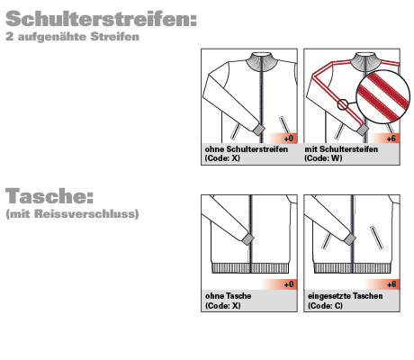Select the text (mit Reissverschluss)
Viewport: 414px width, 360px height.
(x=73, y=214)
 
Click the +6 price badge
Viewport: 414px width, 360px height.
(x=390, y=139)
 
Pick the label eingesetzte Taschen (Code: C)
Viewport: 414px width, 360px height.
(x=346, y=301)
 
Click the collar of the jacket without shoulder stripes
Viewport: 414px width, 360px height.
(x=264, y=59)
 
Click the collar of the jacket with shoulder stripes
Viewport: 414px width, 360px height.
(x=365, y=59)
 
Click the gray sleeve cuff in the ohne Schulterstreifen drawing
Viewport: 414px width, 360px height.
(x=258, y=134)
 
